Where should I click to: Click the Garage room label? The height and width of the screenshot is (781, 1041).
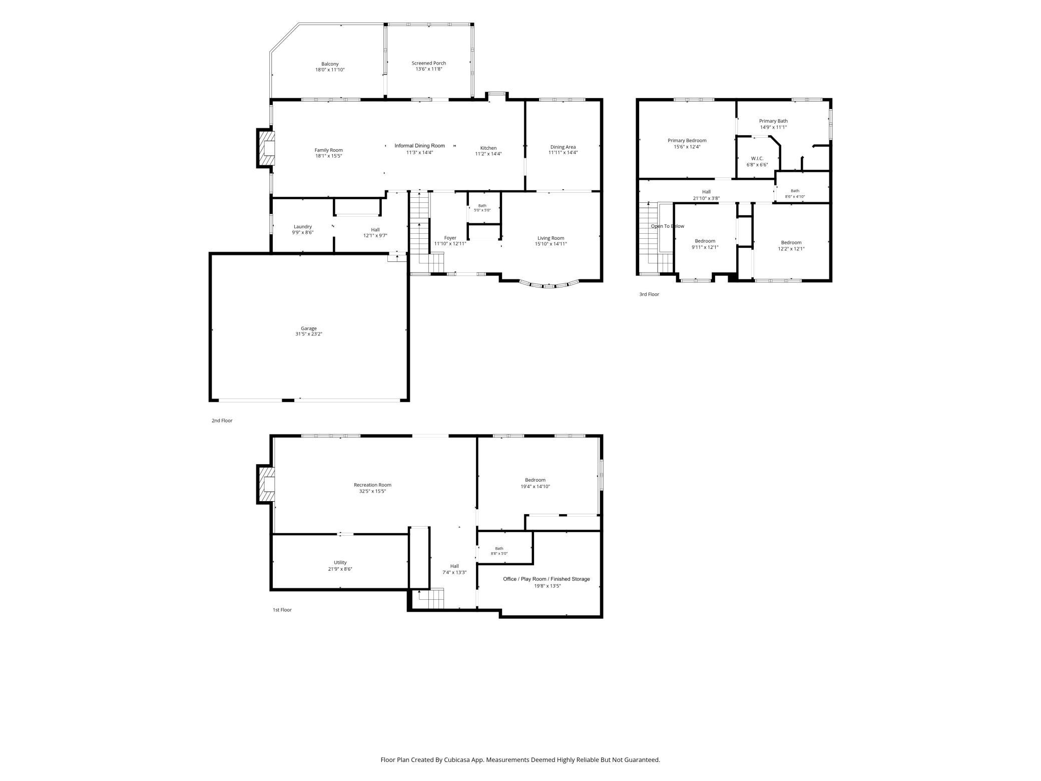point(309,328)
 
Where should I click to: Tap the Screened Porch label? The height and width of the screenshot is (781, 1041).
point(429,63)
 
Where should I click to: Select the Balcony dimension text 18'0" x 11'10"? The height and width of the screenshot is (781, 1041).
point(330,70)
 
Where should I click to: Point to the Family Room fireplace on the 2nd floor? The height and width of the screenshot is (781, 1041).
point(266,148)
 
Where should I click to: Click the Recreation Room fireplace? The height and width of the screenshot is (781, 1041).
point(266,485)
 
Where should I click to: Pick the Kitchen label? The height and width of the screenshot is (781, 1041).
point(488,148)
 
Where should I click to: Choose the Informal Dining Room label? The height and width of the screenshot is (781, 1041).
point(419,146)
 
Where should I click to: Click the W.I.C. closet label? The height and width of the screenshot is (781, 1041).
point(757,158)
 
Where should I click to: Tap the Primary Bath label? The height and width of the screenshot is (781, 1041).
point(773,121)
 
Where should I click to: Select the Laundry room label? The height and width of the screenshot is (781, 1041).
point(303,227)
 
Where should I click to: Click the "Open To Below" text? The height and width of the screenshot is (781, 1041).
point(668,226)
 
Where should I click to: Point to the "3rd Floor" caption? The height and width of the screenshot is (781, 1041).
point(649,294)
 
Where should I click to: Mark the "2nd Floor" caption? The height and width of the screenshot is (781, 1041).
point(222,421)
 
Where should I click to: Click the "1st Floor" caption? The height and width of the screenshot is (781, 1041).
point(282,610)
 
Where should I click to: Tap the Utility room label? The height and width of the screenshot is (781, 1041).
point(340,563)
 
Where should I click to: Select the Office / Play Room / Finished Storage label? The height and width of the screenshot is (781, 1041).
point(547,579)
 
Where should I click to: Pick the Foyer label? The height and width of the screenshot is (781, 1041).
point(450,238)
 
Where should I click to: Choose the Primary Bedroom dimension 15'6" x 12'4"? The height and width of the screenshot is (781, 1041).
point(687,147)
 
